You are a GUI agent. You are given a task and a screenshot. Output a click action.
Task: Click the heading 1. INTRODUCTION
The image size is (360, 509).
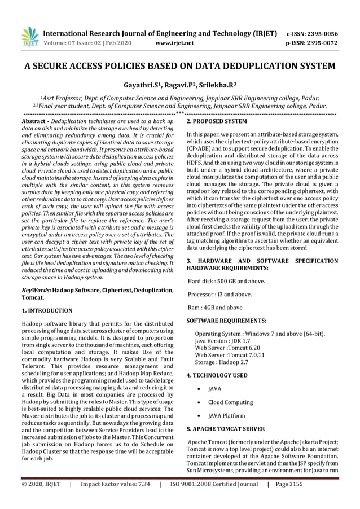[47, 310]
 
